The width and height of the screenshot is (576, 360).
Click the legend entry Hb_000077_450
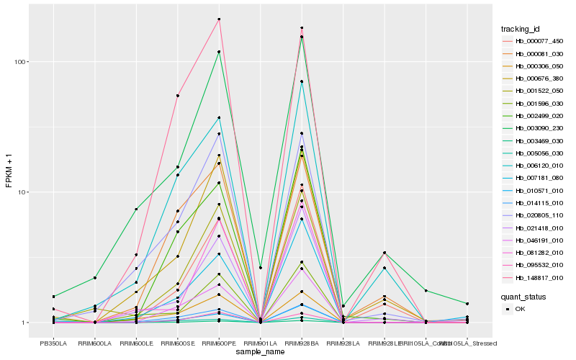[x=534, y=41]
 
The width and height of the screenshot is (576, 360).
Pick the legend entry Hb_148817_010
[x=534, y=277]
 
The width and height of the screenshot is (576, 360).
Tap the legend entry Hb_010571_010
[x=534, y=190]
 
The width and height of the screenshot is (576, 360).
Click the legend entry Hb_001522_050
[x=534, y=91]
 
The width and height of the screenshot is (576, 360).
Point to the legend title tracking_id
[x=521, y=29]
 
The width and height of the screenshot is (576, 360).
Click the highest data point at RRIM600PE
[x=219, y=19]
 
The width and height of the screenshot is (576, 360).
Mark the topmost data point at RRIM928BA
[x=302, y=28]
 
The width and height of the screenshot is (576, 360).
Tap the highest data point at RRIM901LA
[x=260, y=268]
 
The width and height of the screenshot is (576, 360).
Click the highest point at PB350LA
[x=53, y=297]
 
